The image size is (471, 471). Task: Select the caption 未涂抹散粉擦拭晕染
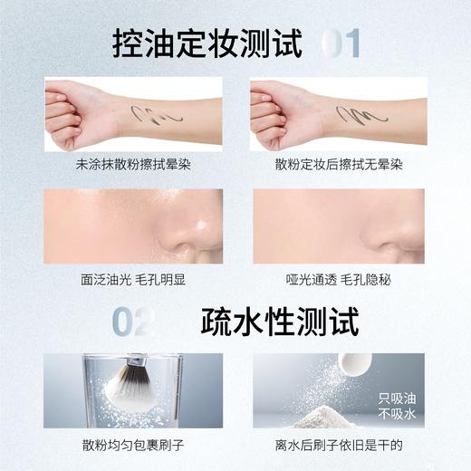point(132,167)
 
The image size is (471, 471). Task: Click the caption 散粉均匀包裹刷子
point(132,446)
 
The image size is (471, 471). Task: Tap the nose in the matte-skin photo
point(405,235)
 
